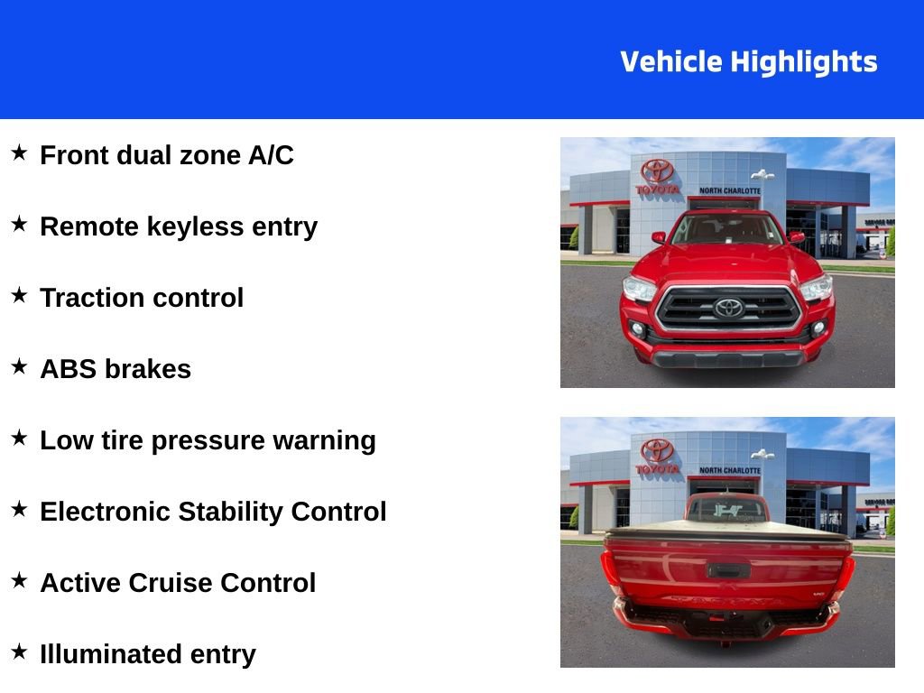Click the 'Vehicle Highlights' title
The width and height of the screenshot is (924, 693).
[748, 62]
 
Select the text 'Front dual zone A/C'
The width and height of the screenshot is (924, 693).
[167, 155]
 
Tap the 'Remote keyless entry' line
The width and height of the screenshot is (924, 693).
[179, 226]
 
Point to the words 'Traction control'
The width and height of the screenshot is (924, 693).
[142, 298]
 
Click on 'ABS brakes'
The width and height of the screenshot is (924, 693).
[115, 369]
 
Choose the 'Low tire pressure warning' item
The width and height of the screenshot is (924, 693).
[208, 440]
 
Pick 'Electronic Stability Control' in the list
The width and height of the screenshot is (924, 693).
[213, 512]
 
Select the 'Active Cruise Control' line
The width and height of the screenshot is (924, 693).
[178, 583]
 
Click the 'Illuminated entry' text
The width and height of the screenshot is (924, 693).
[148, 654]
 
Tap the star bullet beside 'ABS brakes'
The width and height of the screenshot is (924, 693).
[19, 366]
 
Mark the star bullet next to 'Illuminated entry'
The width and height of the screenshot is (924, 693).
[19, 651]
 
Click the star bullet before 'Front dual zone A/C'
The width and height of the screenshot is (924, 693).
[19, 152]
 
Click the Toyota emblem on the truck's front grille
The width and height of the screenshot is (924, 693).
[728, 308]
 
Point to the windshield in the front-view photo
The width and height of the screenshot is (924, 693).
[726, 229]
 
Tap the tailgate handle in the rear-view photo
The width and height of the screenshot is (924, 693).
[725, 570]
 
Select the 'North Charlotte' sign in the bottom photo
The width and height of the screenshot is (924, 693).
[729, 471]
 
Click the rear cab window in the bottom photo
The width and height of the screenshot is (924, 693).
[726, 510]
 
